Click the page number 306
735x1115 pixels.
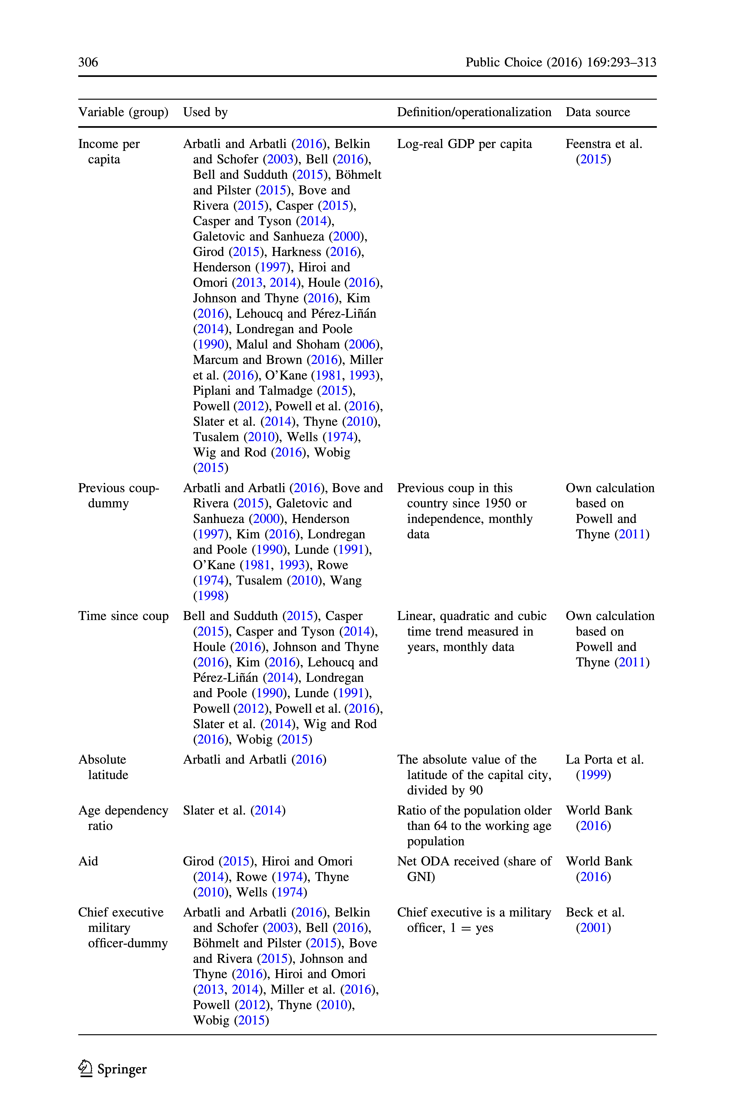click(x=88, y=62)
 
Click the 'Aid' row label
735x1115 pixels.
click(x=88, y=861)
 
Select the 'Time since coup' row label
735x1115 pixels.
click(x=123, y=616)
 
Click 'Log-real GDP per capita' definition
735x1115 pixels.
click(x=464, y=144)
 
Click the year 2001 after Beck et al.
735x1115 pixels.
click(x=593, y=928)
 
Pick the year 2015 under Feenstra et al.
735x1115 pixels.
click(x=593, y=159)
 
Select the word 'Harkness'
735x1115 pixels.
click(x=296, y=252)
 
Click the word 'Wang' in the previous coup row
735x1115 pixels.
click(x=346, y=581)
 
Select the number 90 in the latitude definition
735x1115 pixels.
click(x=476, y=791)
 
